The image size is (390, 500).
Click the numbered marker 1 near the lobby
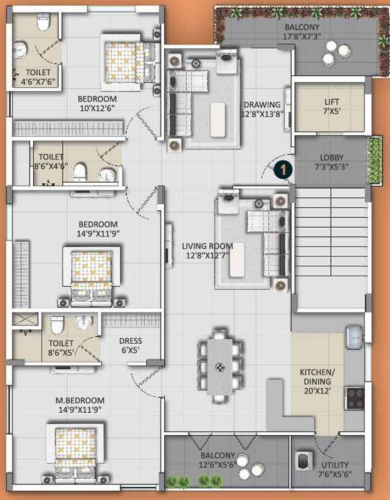pos(283,169)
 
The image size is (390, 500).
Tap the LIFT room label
pos(332,102)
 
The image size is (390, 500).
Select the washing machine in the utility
pos(302,460)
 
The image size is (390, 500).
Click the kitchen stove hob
pos(354,398)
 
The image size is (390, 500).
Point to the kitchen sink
pos(354,338)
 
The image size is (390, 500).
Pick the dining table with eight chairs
pos(219,367)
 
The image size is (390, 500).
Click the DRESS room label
pos(130,341)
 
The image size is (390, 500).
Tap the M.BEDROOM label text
pos(80,400)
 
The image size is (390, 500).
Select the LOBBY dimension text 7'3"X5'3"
pos(332,166)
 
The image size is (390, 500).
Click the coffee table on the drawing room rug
pos(218,120)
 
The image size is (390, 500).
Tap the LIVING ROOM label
pos(207,246)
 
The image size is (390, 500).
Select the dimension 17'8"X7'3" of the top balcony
pos(302,36)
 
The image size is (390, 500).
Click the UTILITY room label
pos(335,465)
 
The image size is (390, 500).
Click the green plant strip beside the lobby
pos(375,161)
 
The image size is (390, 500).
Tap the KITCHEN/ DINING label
pos(317,377)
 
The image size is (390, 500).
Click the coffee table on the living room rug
pos(237,260)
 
